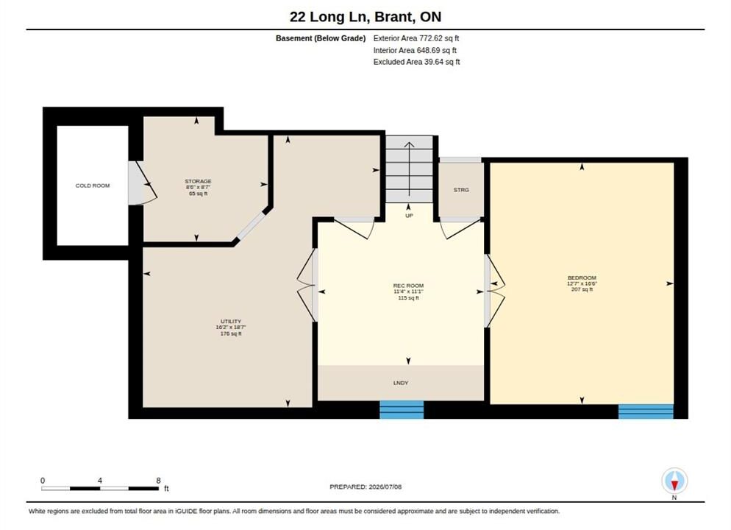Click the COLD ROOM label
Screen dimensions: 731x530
93,185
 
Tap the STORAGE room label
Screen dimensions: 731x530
198,182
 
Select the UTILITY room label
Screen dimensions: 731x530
231,322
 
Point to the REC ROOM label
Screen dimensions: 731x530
408,286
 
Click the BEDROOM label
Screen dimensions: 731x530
582,278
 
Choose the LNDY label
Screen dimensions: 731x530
401,383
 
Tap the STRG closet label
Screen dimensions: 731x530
461,190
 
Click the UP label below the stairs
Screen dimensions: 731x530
409,216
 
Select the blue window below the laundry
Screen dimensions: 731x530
402,409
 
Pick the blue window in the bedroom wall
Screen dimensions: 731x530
646,411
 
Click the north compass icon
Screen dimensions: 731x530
674,481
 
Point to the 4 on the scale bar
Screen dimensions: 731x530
100,480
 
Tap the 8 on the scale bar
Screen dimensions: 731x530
159,480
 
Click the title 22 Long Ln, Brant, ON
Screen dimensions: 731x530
365,17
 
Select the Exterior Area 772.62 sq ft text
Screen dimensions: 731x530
416,38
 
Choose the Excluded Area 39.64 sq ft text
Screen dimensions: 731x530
417,62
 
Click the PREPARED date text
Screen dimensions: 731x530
365,487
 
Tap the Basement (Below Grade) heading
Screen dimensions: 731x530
321,38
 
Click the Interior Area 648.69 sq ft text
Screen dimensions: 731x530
415,50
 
